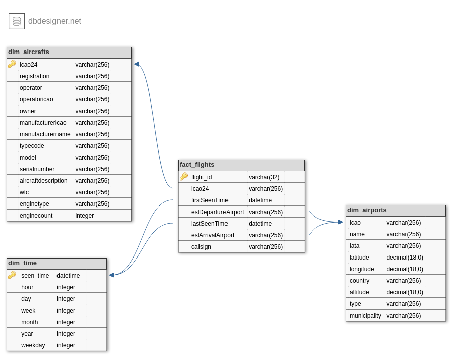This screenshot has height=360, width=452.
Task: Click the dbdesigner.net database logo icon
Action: (17, 21)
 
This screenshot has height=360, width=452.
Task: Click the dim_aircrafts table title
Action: (29, 52)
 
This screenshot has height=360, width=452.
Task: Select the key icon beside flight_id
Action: (183, 177)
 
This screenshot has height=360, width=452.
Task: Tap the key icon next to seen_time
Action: (12, 275)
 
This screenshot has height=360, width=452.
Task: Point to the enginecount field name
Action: (36, 216)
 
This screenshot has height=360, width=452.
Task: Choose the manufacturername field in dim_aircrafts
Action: (45, 134)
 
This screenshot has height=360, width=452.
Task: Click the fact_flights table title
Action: (197, 165)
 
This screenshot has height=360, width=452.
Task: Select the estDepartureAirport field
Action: (217, 212)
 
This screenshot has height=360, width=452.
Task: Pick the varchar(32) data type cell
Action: (264, 177)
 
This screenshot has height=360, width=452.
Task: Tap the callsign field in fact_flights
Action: (201, 247)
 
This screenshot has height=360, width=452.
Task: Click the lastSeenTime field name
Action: (209, 224)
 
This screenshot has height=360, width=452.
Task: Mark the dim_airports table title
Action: (367, 210)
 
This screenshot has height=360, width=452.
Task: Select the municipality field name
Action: (365, 316)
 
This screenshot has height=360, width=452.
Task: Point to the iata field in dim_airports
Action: (354, 246)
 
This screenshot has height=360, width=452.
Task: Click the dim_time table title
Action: (22, 263)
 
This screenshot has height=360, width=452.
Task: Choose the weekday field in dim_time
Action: (33, 345)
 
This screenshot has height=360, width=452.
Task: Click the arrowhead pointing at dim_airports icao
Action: (341, 222)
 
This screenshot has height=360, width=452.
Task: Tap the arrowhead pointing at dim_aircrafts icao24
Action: (136, 64)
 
